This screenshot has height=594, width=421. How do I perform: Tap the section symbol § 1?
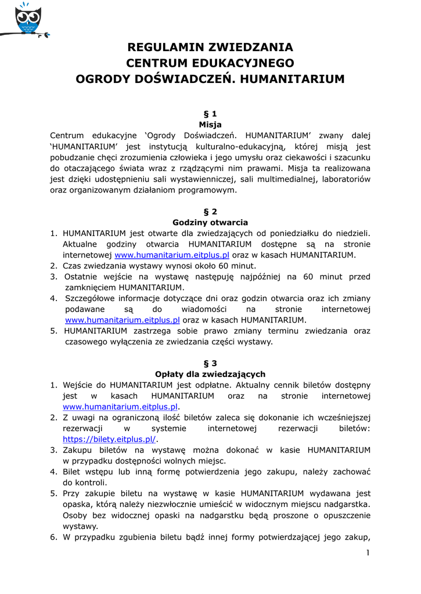click(210, 113)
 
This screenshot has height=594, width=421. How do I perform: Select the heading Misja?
click(210, 124)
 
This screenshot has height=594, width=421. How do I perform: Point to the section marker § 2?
click(210, 211)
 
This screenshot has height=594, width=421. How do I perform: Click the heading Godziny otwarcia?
click(210, 222)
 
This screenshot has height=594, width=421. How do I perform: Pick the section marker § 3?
click(210, 363)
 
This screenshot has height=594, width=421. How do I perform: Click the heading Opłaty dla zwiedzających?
click(210, 374)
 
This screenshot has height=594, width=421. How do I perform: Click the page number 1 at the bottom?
click(368, 552)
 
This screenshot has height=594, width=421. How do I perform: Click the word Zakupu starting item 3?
click(77, 450)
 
